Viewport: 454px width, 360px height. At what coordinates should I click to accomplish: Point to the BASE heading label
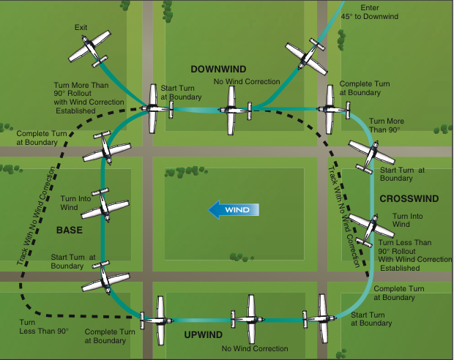pos(70,230)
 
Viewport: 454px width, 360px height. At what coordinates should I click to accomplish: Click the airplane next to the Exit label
pos(90,48)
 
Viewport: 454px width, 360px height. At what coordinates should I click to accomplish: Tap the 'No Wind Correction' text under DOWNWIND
pos(246,81)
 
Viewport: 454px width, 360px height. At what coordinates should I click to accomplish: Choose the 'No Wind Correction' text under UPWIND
pos(255,348)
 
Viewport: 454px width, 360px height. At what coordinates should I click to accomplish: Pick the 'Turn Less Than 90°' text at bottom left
pos(44,327)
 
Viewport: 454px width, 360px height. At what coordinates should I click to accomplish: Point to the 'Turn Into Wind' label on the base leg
pos(75,203)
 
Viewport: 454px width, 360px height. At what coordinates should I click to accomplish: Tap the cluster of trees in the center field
pos(187,172)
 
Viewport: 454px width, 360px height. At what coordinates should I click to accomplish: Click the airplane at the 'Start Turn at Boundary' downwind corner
pos(154,109)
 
